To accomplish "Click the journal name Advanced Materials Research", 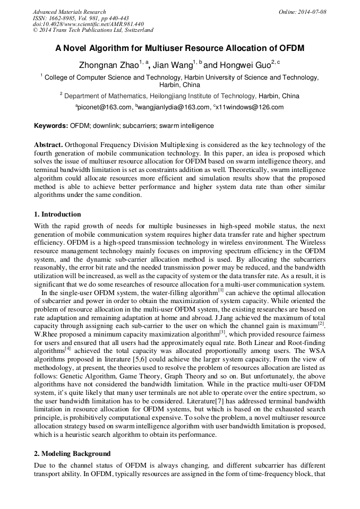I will point(69,12).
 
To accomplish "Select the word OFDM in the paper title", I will point(288,48).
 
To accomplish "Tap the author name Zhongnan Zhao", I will point(108,66).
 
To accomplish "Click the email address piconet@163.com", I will point(105,107).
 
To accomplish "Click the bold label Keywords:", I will point(51,126).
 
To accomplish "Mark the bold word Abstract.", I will point(48,145).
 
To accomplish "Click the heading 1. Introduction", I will point(57,214).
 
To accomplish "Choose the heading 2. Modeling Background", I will point(72,454).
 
